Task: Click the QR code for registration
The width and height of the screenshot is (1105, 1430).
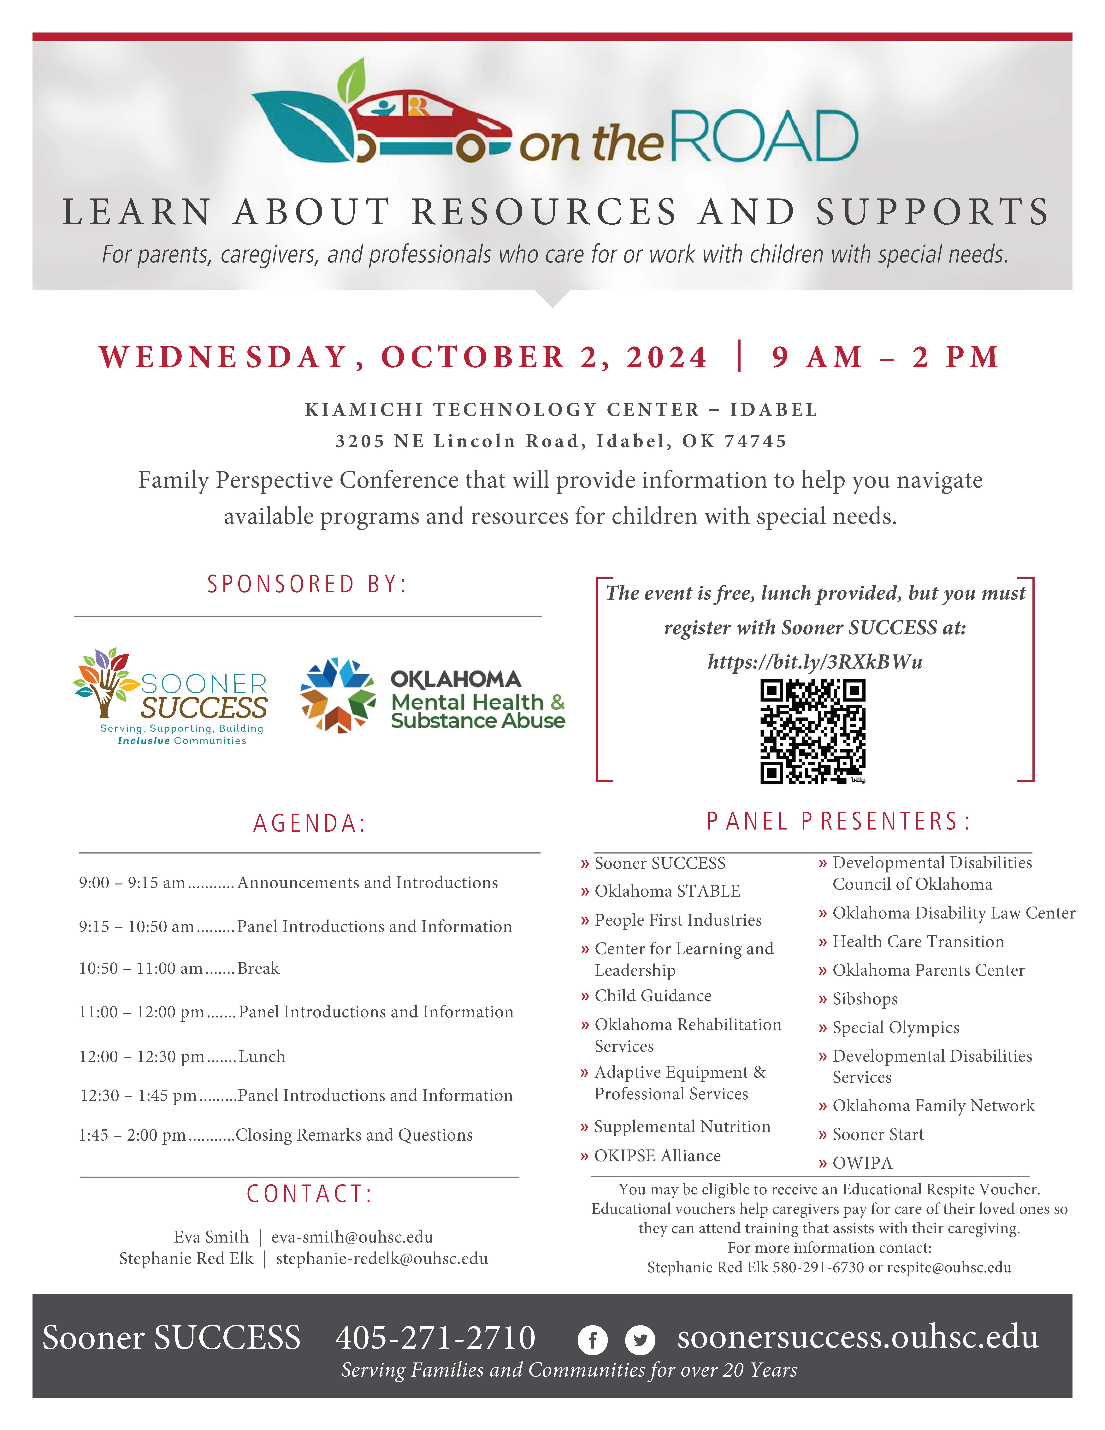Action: click(x=812, y=731)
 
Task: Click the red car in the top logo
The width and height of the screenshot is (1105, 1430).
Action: click(x=429, y=124)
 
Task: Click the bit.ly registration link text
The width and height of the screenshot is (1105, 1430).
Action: click(x=815, y=662)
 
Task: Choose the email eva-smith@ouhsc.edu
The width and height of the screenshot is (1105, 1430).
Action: click(x=352, y=1237)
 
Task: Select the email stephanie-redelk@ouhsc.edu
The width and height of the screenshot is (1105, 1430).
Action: click(x=382, y=1258)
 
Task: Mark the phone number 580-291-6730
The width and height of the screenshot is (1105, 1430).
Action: click(x=818, y=1267)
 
